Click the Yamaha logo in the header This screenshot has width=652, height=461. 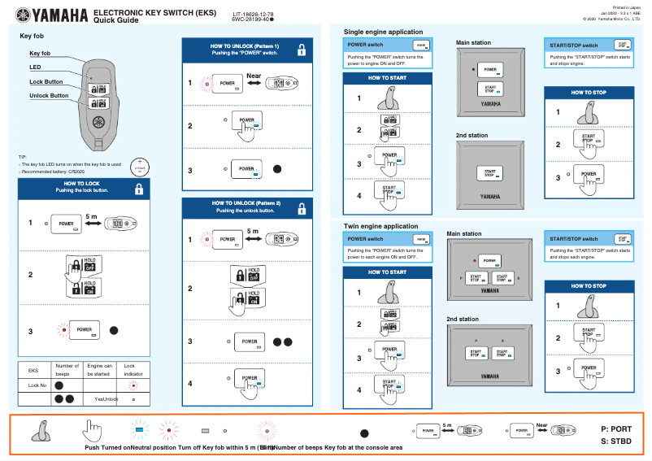48,15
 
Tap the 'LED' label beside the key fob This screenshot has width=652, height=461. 35,67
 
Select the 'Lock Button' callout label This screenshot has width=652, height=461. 46,82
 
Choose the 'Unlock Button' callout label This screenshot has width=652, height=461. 49,96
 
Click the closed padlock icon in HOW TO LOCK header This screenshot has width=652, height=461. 139,189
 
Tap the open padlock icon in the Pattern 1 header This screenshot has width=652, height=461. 301,50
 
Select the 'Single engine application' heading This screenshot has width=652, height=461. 383,31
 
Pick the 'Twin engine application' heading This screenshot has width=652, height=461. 381,226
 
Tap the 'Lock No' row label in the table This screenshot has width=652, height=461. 38,385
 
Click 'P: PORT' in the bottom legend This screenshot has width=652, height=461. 616,428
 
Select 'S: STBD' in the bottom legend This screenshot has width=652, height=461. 616,442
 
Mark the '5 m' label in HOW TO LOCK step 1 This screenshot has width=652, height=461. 91,214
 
